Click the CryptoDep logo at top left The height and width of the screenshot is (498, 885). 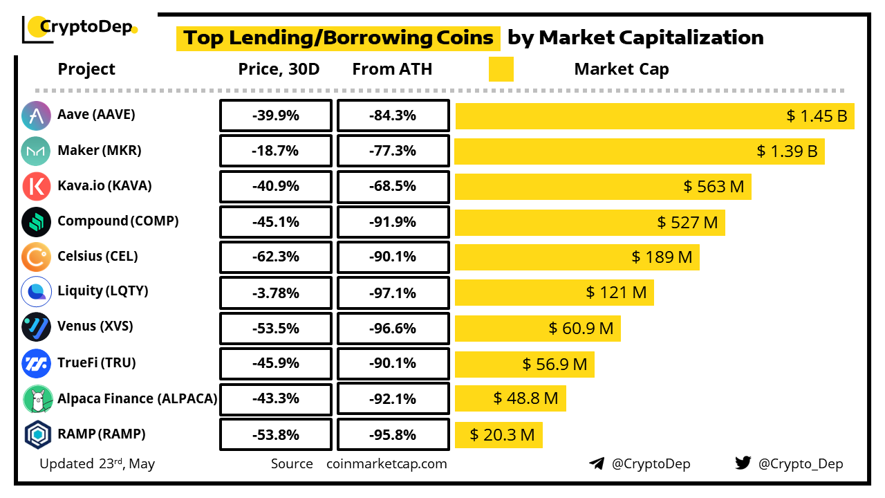(80, 28)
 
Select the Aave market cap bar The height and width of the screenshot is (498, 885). (654, 116)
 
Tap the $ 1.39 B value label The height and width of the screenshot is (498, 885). (787, 151)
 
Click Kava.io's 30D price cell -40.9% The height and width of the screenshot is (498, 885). (275, 187)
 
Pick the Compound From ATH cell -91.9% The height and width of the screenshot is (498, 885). (393, 222)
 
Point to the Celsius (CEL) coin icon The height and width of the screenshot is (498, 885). (36, 257)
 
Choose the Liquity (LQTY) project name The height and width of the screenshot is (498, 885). (102, 291)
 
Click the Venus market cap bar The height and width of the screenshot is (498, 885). (537, 328)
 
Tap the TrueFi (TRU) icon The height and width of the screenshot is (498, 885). (36, 363)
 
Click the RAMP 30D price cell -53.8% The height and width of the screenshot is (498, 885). (275, 435)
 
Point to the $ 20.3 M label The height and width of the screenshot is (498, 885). (502, 435)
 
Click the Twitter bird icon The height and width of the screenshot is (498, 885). (743, 463)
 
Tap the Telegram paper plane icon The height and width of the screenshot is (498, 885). (597, 463)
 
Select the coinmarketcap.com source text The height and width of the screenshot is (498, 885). (386, 464)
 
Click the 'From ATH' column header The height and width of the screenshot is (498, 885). (392, 69)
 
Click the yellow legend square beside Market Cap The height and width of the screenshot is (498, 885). (501, 69)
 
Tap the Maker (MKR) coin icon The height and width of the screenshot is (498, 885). (36, 151)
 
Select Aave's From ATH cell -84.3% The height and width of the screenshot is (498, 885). (393, 116)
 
